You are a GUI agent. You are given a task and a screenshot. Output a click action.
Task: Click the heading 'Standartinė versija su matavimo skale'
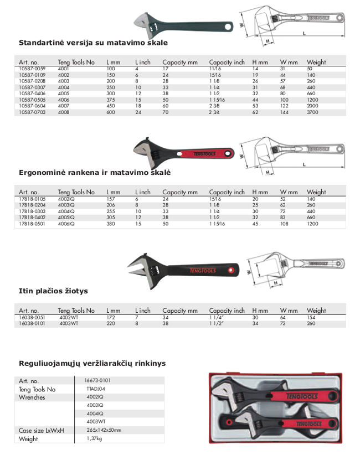click(x=93, y=42)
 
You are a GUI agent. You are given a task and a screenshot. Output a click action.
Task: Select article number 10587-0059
click(x=32, y=69)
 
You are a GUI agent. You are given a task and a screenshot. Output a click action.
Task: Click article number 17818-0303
click(x=32, y=210)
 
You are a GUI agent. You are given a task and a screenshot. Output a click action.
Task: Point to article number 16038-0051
click(x=32, y=317)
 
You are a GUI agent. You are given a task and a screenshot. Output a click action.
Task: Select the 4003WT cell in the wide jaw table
click(x=69, y=323)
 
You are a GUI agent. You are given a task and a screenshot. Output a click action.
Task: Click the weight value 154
click(x=311, y=317)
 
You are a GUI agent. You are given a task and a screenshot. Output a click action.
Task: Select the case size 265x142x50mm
click(x=103, y=430)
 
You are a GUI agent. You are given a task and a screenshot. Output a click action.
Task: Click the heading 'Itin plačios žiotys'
click(x=53, y=291)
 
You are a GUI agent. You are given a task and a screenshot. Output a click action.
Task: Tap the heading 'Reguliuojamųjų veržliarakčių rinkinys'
click(x=92, y=364)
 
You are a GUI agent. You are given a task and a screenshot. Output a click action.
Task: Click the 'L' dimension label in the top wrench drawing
click(x=305, y=33)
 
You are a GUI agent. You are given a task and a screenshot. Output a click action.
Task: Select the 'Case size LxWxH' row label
click(x=42, y=430)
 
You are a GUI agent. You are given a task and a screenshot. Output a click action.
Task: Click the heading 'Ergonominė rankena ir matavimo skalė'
click(x=95, y=173)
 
